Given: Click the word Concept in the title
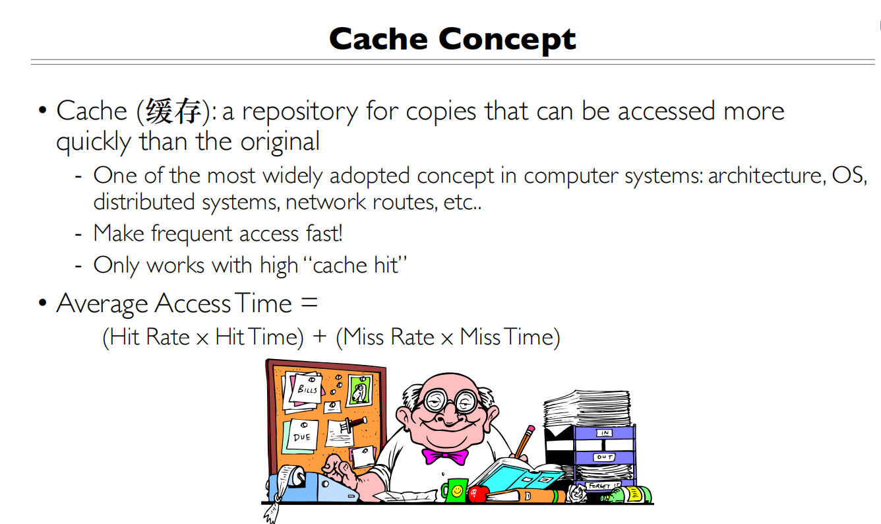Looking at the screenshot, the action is (x=507, y=40).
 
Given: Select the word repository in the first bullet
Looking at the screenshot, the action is (x=300, y=112).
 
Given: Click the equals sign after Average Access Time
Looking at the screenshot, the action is (x=309, y=302).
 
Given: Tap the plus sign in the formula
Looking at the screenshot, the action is (x=319, y=337).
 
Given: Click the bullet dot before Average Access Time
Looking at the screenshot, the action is (x=42, y=302).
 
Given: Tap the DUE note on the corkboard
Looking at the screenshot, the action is (x=302, y=436).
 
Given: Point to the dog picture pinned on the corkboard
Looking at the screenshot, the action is (x=359, y=391).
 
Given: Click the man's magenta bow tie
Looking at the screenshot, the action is (x=445, y=456).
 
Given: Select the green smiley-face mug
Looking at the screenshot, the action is (x=455, y=490).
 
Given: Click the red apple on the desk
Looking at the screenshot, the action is (x=477, y=494).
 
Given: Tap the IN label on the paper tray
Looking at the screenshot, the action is (x=604, y=433).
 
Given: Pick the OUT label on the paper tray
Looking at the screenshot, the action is (x=604, y=457).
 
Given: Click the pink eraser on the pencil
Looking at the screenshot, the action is (x=531, y=429).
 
